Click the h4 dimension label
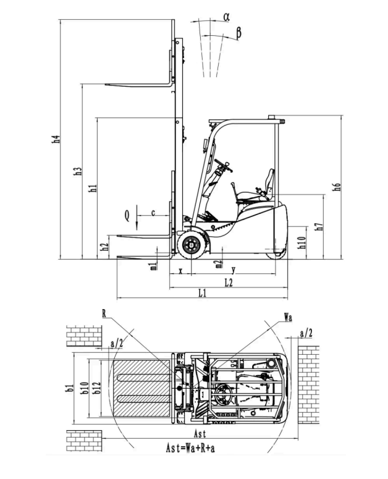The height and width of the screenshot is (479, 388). point(56,139)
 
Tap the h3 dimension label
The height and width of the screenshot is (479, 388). point(78,171)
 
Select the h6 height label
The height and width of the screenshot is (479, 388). point(336,187)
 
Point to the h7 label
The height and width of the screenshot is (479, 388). point(319,226)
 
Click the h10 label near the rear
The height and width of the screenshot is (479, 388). point(302,242)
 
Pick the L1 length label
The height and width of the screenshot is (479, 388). point(203,293)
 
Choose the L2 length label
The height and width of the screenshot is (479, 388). point(229,283)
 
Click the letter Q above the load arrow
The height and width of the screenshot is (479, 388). point(127,216)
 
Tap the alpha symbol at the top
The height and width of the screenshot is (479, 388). point(226,17)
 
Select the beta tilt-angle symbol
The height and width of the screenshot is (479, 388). point(238,32)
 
